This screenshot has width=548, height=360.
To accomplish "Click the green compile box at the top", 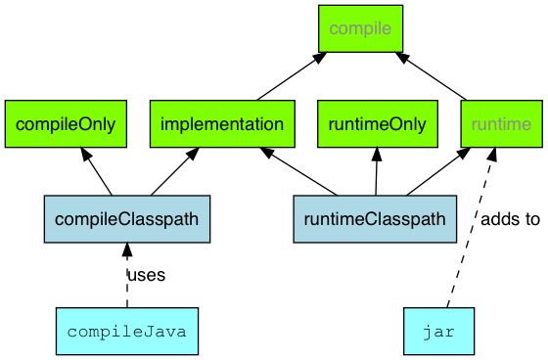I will pos(360,28).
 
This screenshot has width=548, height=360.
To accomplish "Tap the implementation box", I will pos(222,124).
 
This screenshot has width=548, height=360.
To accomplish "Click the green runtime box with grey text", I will pos(500,124).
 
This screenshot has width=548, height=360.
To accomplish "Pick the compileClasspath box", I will pos(113,219).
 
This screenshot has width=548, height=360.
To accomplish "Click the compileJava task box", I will pos(127,331).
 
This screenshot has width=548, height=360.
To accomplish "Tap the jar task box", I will pos(438,331).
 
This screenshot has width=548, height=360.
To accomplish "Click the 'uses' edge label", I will pos(147,275).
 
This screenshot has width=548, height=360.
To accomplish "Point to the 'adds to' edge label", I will pos(510,219).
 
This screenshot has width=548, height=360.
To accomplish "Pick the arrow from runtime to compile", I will pos(434,76).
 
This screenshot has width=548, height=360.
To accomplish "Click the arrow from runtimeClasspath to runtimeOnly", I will pos(377,172).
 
